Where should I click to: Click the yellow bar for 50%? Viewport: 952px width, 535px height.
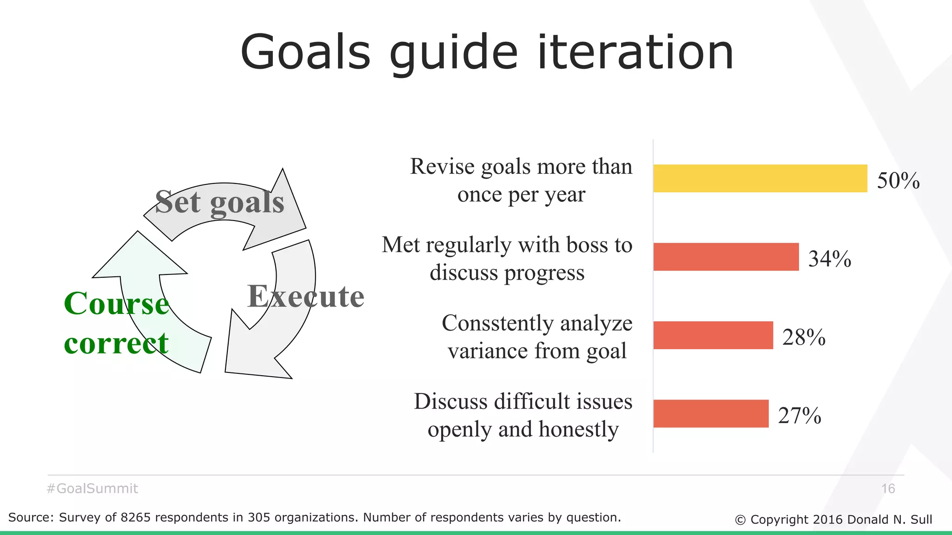click(x=760, y=178)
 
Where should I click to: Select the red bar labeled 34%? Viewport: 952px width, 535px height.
click(x=726, y=257)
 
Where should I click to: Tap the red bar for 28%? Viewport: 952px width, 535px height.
click(x=713, y=335)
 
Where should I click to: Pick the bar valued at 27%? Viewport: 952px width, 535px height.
click(x=711, y=413)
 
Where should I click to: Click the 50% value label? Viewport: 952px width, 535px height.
click(x=898, y=180)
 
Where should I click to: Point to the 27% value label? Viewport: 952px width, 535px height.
click(x=799, y=415)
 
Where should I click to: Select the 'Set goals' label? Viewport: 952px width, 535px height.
click(x=219, y=202)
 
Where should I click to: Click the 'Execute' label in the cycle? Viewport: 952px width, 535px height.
click(x=305, y=296)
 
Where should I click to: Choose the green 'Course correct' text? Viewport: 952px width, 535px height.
click(x=116, y=323)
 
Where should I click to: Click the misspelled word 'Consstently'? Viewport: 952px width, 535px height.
click(x=497, y=323)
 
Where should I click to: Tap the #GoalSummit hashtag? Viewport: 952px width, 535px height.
click(x=93, y=489)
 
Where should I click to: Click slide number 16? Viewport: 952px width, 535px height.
click(x=888, y=489)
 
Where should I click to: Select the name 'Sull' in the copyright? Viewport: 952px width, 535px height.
click(x=921, y=519)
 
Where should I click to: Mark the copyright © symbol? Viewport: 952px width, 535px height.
click(x=740, y=520)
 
